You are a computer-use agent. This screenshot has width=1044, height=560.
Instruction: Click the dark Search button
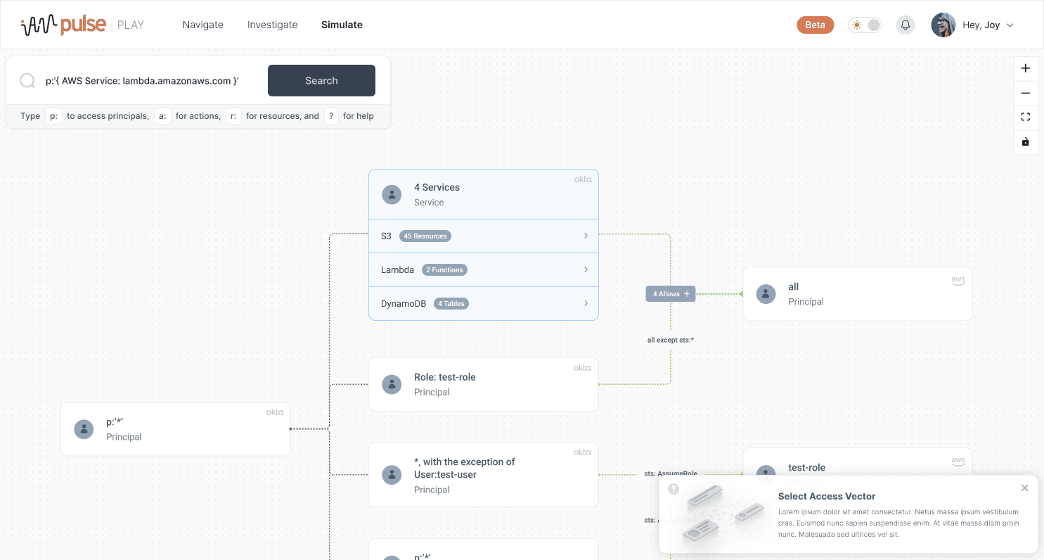tap(321, 81)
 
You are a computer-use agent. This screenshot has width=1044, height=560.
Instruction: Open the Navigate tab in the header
tap(203, 25)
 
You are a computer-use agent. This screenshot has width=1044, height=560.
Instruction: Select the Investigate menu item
tap(273, 25)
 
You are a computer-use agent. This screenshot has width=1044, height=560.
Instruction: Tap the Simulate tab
tap(342, 25)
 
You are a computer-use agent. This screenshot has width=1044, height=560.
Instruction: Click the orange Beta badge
tap(815, 25)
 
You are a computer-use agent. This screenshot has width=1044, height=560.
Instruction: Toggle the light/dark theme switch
tap(865, 25)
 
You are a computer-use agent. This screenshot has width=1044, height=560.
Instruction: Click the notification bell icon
tap(906, 25)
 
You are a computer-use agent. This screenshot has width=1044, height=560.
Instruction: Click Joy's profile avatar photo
tap(943, 25)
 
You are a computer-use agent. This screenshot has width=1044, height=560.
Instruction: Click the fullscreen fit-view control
tap(1026, 117)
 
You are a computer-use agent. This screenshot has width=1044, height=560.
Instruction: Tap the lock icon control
tap(1026, 142)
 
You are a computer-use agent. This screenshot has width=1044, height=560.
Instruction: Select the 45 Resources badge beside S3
tap(425, 236)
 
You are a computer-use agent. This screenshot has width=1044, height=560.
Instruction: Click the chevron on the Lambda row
tap(586, 269)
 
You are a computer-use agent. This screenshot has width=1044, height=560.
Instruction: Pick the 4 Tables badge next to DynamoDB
tap(451, 304)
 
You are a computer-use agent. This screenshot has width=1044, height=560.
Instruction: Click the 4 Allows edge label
tap(671, 294)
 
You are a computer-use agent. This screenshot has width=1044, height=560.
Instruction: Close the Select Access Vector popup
tap(1024, 488)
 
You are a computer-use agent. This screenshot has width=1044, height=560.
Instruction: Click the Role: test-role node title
tap(444, 377)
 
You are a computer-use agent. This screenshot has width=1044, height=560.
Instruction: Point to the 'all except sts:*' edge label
tap(671, 340)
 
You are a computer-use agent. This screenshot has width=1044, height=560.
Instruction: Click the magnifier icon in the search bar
tap(27, 81)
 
